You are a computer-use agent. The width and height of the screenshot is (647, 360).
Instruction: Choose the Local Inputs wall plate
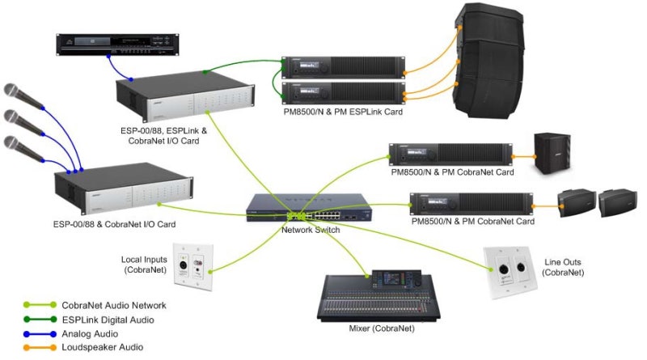(193, 263)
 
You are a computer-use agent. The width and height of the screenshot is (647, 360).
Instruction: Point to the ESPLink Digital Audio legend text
(112, 319)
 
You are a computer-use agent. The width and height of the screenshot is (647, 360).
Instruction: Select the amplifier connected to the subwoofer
(450, 154)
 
